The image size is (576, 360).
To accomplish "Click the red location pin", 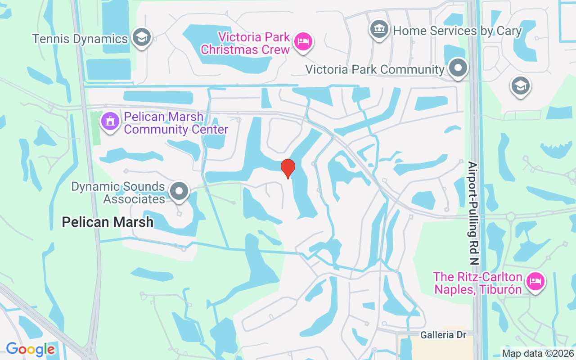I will click(x=288, y=168).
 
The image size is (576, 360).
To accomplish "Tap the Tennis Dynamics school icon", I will click(x=142, y=37).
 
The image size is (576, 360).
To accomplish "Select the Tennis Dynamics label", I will click(x=80, y=39).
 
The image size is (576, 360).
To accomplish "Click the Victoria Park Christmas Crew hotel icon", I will click(x=303, y=41).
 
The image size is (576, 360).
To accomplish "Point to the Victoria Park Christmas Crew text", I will click(x=245, y=43).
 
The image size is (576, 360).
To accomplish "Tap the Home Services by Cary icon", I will click(x=379, y=29).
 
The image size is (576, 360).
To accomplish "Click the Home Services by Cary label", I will click(x=457, y=31).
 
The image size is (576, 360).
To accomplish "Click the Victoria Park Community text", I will click(x=374, y=69).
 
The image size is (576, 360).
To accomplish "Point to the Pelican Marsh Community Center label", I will click(x=176, y=123).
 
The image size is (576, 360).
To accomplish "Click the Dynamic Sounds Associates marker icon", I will click(x=180, y=191).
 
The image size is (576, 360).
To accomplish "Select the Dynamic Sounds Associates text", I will click(x=118, y=193).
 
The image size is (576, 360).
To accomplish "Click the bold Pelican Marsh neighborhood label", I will click(x=108, y=222).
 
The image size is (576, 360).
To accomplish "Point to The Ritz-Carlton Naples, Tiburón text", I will click(x=477, y=283).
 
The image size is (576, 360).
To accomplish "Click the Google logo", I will click(x=30, y=349).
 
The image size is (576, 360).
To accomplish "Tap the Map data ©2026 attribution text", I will click(x=538, y=353).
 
